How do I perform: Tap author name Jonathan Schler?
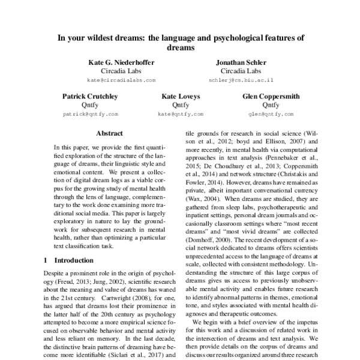241,62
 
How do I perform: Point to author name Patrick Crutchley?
91,96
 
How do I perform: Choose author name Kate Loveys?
181,96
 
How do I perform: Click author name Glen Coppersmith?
271,96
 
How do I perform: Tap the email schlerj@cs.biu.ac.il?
241,79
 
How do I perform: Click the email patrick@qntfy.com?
91,113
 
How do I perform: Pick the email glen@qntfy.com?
271,113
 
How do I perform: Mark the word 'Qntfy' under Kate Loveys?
181,104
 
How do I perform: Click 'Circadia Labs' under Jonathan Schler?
241,70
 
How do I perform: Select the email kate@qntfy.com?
181,113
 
